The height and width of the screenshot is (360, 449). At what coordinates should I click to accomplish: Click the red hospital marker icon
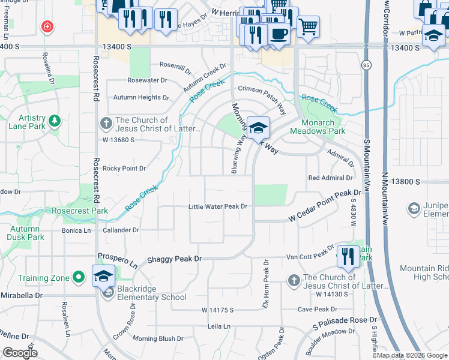pos(46,26)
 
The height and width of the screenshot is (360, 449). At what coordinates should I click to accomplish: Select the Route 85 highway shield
pos(366,64)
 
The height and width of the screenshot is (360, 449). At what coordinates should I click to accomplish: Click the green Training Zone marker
pos(77,277)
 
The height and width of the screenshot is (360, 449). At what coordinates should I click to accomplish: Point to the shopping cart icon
pos(308,25)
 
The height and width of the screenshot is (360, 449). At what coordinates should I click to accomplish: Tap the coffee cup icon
pos(278,32)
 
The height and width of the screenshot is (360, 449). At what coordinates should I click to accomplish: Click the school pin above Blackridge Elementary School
pos(103,276)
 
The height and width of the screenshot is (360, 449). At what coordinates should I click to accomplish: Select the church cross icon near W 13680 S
pos(105,124)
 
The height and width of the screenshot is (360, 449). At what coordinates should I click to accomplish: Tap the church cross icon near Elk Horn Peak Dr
pos(294,280)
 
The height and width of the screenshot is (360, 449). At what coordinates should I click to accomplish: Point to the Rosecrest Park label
pos(80,211)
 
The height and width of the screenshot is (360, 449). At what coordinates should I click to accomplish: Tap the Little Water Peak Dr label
pos(218,206)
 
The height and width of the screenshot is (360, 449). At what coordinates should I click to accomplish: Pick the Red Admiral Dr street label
pos(330,178)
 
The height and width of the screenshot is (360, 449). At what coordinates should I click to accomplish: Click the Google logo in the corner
pos(19,353)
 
